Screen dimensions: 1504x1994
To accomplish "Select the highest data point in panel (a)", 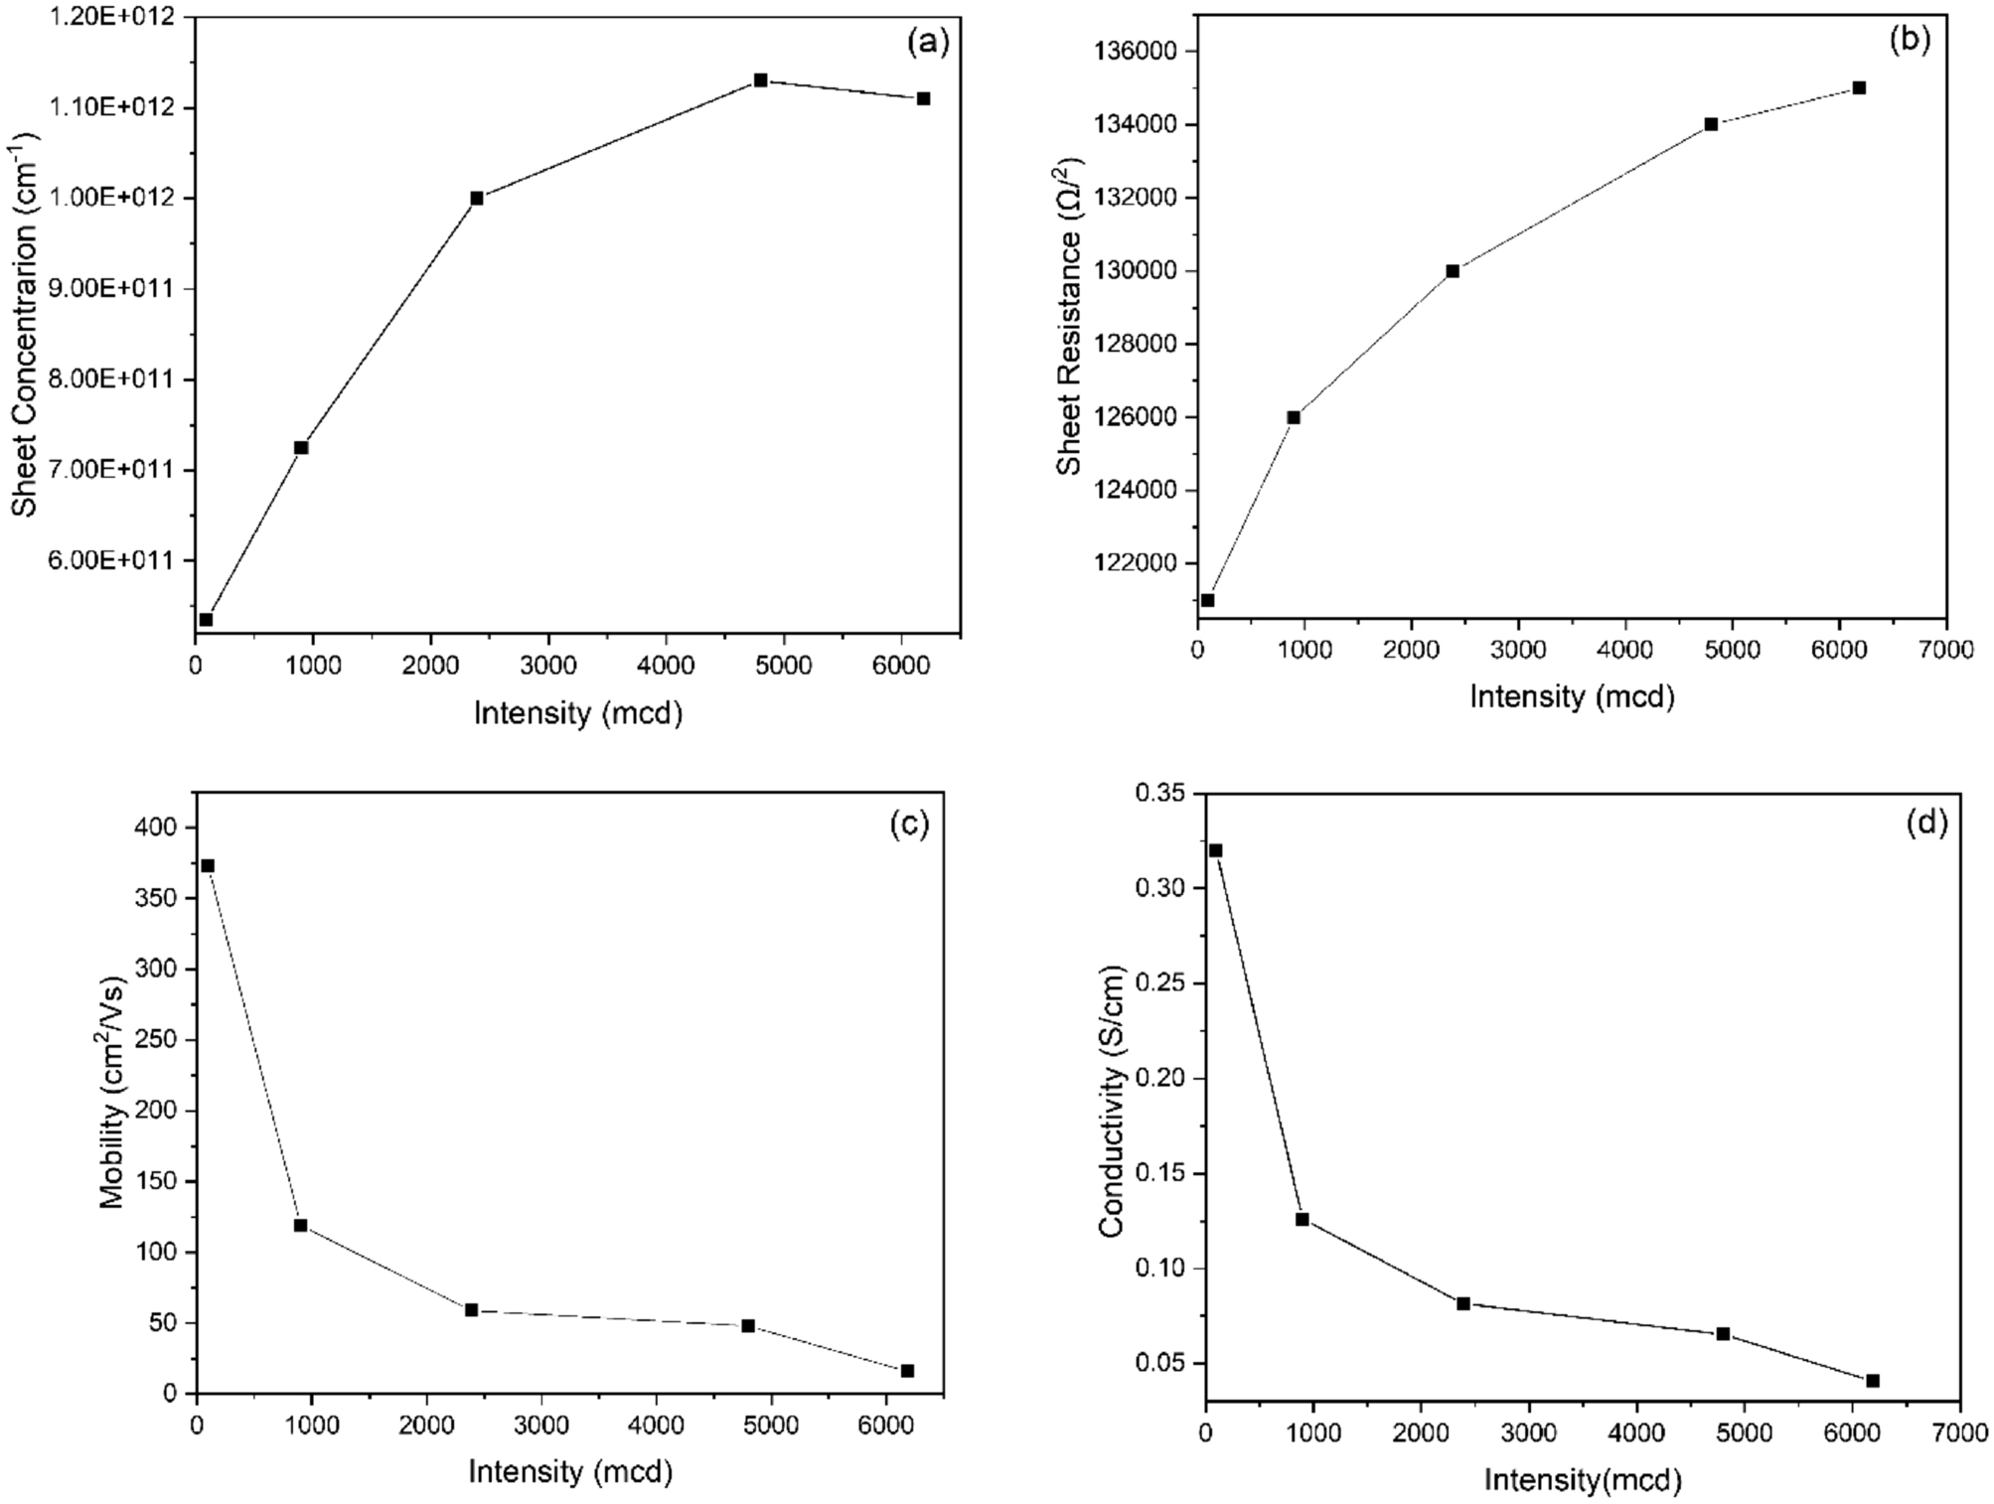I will [760, 80].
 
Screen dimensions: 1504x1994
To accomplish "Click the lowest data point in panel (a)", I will [206, 620].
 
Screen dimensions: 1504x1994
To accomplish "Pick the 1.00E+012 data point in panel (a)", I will [477, 199].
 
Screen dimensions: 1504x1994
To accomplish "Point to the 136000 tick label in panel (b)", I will [1141, 52].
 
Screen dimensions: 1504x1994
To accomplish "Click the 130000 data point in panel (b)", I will [1453, 271].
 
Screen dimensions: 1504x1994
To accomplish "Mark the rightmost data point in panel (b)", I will [1859, 88].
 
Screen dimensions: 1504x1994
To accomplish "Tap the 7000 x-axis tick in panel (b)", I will [1945, 651].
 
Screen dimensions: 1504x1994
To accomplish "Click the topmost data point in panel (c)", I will [208, 866].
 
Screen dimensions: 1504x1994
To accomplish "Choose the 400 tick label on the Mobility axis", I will [157, 827].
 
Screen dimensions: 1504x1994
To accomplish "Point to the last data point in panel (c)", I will [907, 1371].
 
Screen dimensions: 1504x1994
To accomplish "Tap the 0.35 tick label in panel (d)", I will [1156, 793].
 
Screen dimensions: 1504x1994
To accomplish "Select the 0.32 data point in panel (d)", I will [1215, 850].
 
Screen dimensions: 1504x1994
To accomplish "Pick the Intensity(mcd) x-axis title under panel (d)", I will [1583, 1480].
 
